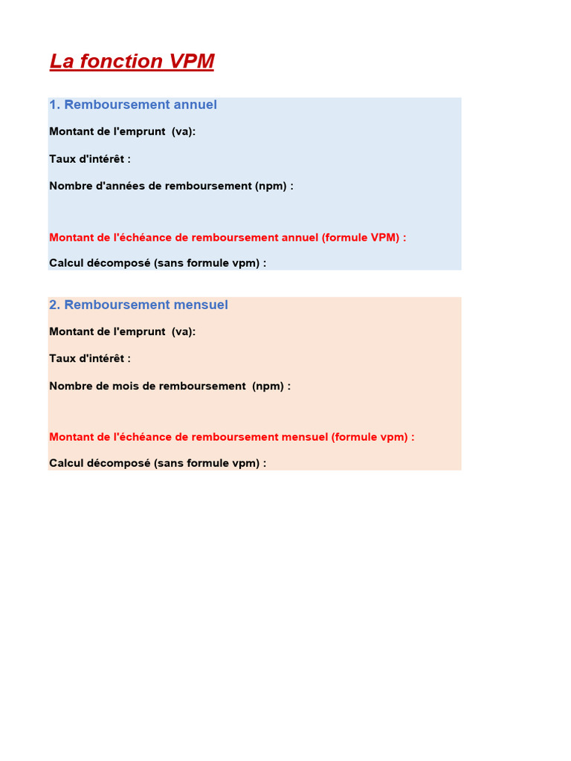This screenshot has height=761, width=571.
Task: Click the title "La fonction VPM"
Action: coord(132,62)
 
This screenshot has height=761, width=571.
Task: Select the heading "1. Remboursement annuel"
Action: coord(133,105)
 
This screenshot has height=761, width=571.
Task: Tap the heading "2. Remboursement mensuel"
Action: coord(138,305)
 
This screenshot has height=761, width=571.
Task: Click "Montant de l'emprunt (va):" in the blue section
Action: coord(123,132)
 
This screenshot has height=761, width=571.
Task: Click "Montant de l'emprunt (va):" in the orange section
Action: coord(123,331)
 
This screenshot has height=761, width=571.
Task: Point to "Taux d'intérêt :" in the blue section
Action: coord(90,159)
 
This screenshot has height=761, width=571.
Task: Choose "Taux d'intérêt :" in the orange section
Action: coord(90,358)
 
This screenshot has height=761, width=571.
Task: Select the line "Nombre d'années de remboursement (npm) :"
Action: coord(171,186)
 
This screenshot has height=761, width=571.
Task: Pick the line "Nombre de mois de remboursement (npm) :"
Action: coord(170,386)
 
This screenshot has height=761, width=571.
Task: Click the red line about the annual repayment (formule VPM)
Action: coord(228,238)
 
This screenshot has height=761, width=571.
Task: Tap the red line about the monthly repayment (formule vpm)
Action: coord(231,437)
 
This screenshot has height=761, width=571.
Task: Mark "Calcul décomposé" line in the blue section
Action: coord(158,262)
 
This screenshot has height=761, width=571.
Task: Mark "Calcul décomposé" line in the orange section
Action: coord(158,463)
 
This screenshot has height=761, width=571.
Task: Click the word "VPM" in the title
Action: coord(192,62)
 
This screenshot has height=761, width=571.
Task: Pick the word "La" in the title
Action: coord(61,62)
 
